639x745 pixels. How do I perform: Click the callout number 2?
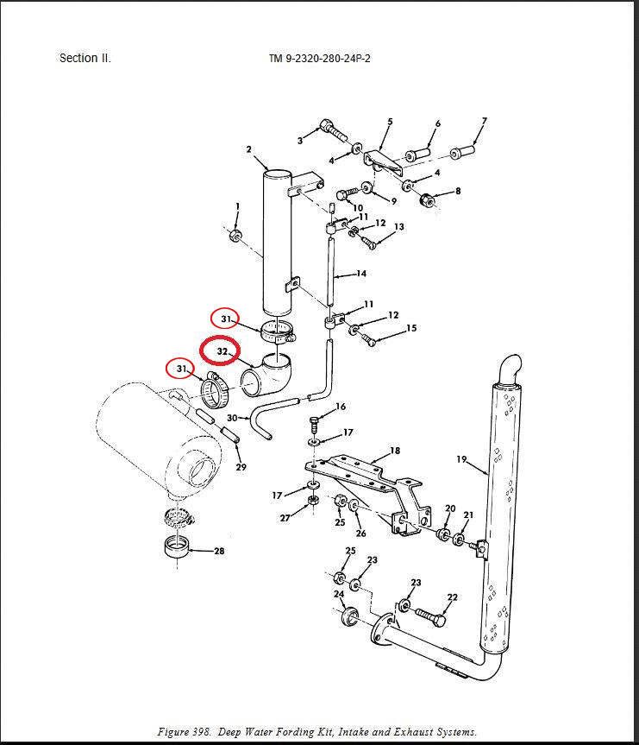click(x=248, y=149)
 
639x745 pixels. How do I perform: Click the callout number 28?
click(x=219, y=551)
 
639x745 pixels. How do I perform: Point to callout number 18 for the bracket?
click(x=395, y=451)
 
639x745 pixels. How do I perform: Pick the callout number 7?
click(x=485, y=122)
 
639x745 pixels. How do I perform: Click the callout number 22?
click(x=452, y=597)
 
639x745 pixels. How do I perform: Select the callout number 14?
click(x=361, y=274)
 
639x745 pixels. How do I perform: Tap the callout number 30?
click(x=232, y=418)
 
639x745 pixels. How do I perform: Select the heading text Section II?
click(x=85, y=59)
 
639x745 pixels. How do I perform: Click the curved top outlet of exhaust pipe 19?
click(x=509, y=366)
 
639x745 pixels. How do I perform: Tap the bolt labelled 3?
click(x=332, y=131)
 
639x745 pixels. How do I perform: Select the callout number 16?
click(x=341, y=406)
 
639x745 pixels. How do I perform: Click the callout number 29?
click(x=241, y=467)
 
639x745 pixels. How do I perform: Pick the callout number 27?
click(x=285, y=518)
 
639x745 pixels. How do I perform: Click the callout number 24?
click(x=339, y=594)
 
